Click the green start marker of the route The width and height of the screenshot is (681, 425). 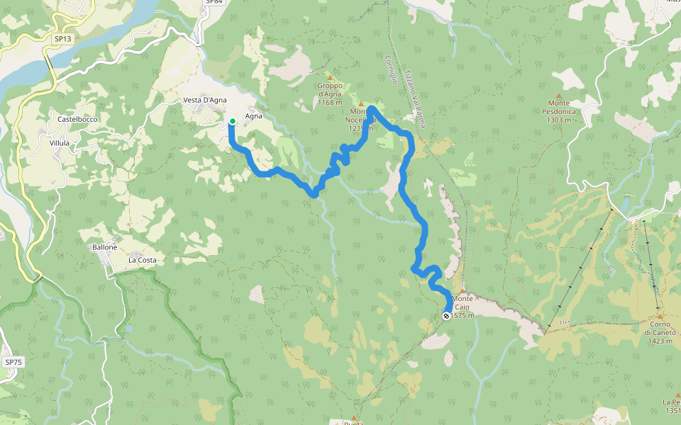pos(232,121)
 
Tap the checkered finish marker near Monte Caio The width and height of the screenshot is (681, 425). pos(446,316)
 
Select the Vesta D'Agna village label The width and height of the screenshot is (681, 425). pos(204,100)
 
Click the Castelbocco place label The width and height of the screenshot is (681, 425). pos(77,120)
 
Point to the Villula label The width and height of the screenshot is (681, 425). pos(60,143)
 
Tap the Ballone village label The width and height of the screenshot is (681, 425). pos(105,247)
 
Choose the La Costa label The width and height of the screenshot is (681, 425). pos(141,260)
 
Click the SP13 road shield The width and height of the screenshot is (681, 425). pos(62,38)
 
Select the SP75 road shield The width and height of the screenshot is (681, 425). pos(13,362)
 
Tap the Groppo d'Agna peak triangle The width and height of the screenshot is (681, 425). pos(329,77)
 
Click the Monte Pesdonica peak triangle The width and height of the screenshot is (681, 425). pos(558,96)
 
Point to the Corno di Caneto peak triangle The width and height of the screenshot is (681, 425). pos(658,316)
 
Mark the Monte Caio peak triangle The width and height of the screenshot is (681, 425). pos(463,290)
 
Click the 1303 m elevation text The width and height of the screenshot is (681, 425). pos(559,120)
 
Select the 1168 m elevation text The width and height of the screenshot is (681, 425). pos(330,103)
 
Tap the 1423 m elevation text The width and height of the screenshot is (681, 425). pos(658,341)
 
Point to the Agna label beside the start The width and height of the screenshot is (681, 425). pos(254,116)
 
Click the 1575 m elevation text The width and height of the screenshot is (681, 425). pos(463,315)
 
